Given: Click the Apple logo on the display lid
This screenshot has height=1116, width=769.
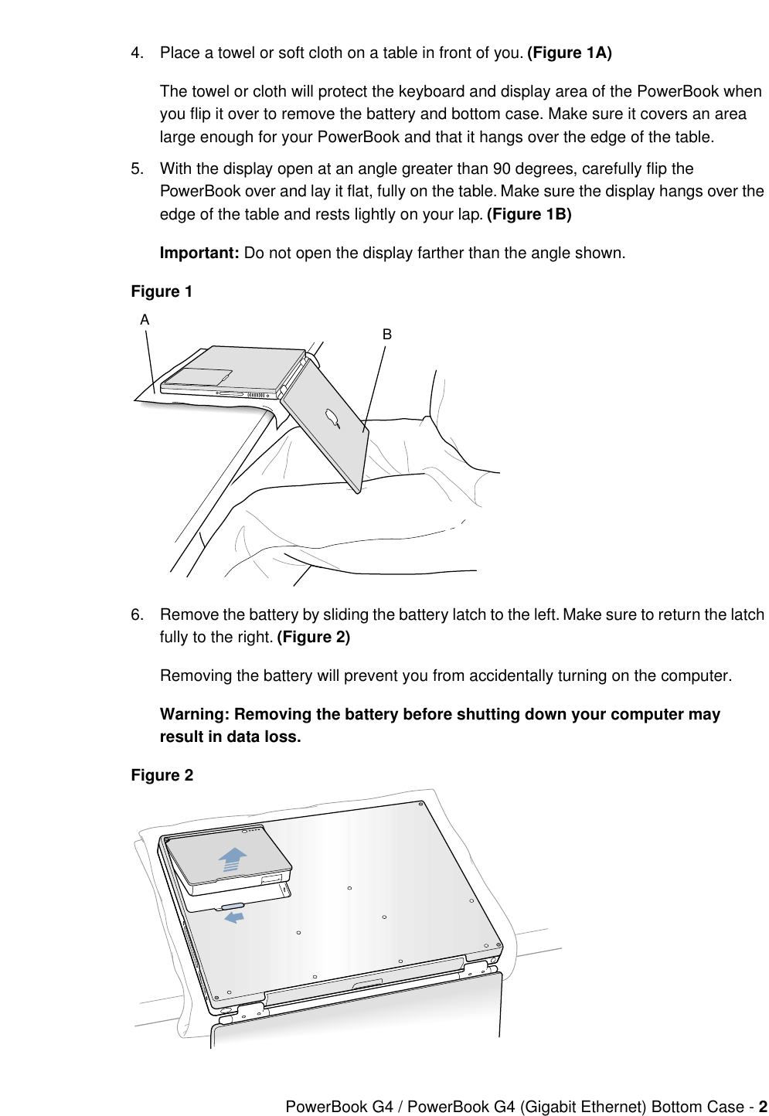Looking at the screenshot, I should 333,417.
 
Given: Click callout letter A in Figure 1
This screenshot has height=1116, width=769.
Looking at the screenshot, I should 145,319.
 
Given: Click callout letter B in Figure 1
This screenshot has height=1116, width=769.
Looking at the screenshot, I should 387,334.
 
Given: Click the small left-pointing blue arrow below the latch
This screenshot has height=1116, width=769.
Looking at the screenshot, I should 233,917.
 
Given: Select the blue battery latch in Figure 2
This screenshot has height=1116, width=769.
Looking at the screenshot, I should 233,906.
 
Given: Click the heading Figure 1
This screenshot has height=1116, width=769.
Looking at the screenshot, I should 162,291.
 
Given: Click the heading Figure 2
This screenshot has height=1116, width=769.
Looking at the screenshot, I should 162,775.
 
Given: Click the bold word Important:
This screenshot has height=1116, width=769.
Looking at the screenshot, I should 199,253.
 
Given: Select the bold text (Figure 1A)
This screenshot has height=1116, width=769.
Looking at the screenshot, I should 569,53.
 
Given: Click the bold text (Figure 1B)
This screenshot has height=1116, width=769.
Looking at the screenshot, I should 529,214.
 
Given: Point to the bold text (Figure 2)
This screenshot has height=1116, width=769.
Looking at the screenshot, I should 313,637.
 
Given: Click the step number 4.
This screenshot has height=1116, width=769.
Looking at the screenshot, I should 136,53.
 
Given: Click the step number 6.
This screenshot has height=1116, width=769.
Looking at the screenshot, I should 136,614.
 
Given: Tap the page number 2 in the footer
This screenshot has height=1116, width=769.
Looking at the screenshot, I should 762,1107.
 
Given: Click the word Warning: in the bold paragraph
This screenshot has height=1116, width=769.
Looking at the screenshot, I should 195,714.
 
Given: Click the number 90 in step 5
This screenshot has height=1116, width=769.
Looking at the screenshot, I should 502,168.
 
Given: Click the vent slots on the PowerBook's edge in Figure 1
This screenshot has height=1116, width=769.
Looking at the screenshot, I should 257,395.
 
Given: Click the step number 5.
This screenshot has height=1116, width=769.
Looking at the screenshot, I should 136,168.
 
